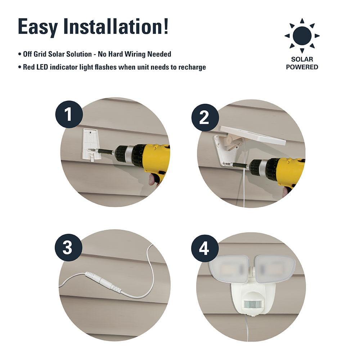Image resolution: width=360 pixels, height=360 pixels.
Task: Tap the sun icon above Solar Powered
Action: [302, 36]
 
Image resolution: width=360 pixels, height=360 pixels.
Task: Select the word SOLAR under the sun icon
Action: [302, 59]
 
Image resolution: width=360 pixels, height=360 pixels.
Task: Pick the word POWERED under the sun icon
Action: [302, 67]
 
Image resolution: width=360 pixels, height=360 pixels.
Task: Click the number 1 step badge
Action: [69, 115]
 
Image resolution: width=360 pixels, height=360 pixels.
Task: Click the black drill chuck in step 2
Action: [258, 167]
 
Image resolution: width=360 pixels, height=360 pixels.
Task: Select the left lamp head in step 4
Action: [229, 269]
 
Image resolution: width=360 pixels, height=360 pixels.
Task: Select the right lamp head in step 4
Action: [275, 269]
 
